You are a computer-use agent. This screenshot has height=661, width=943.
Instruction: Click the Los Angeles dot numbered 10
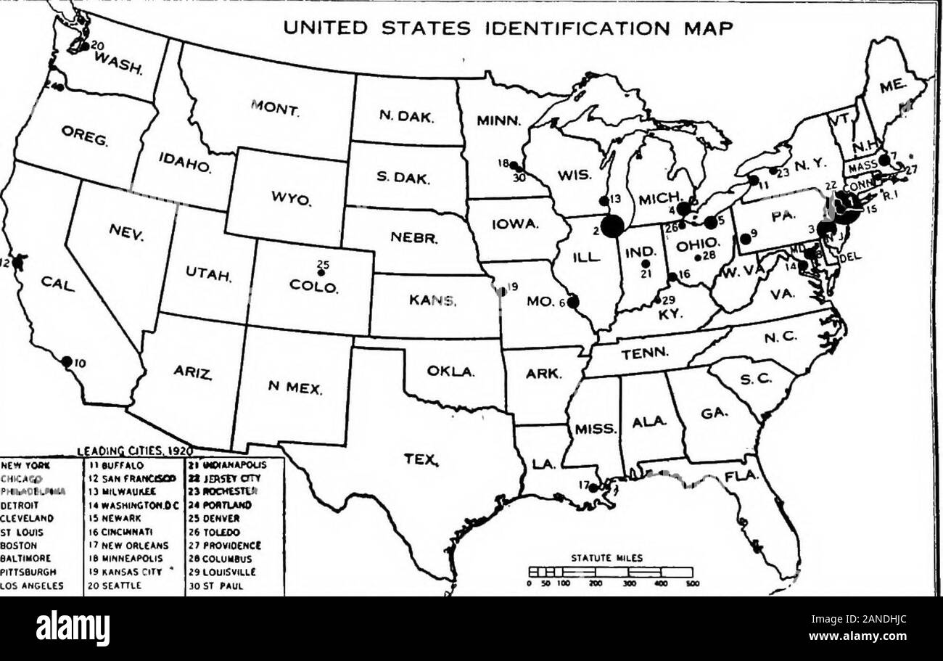[x=66, y=361]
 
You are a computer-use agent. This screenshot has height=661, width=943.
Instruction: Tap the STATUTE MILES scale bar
[x=611, y=572]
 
